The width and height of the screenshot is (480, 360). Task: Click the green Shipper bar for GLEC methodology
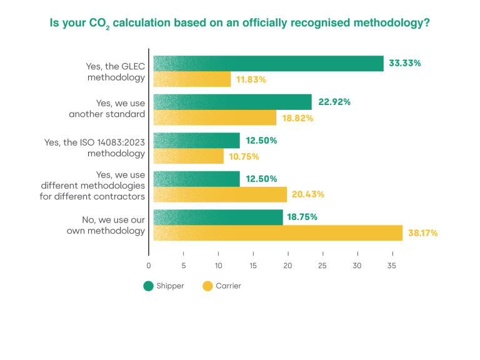(x=268, y=64)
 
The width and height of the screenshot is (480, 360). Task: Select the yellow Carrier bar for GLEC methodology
(x=192, y=79)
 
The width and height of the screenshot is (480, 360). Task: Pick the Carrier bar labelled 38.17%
(x=278, y=233)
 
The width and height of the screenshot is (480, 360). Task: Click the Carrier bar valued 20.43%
(x=220, y=194)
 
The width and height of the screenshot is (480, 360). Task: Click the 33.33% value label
(x=405, y=63)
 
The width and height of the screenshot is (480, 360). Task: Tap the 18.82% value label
(x=297, y=118)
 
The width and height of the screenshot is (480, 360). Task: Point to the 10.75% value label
(x=244, y=157)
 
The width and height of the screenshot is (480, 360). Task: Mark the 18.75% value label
(x=303, y=217)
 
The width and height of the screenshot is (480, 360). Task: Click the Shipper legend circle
(x=148, y=286)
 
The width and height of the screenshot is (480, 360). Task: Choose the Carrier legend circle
(x=207, y=286)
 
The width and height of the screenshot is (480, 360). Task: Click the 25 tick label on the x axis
(x=322, y=265)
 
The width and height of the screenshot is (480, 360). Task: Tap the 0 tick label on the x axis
(x=149, y=265)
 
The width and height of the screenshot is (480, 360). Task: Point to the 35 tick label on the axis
(x=392, y=265)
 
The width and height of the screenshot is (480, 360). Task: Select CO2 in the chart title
(x=99, y=24)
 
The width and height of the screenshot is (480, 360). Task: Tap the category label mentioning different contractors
(x=93, y=186)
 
